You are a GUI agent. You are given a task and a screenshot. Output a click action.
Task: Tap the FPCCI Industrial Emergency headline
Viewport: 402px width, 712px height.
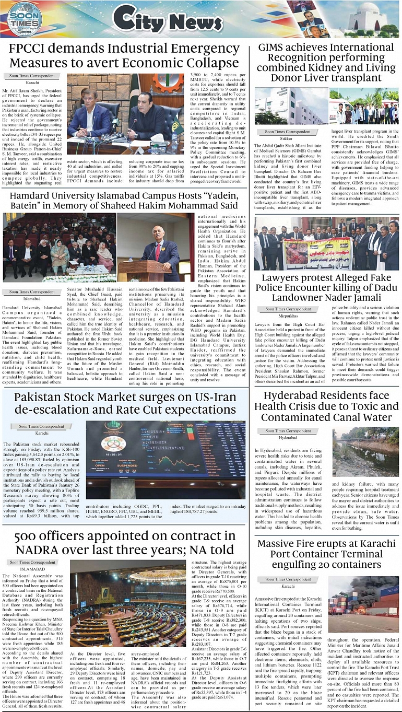click(x=124, y=56)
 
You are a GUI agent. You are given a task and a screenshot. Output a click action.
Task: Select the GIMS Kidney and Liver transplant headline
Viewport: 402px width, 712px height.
click(x=326, y=62)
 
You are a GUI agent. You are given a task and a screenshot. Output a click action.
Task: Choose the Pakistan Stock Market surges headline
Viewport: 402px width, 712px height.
click(x=124, y=402)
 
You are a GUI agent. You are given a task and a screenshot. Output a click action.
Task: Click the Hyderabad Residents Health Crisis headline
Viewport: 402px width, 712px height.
click(x=326, y=406)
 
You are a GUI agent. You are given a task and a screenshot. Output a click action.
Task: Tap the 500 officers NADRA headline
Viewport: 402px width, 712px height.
click(x=124, y=543)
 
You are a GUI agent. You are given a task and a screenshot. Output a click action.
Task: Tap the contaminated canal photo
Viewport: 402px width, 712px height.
click(x=365, y=452)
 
